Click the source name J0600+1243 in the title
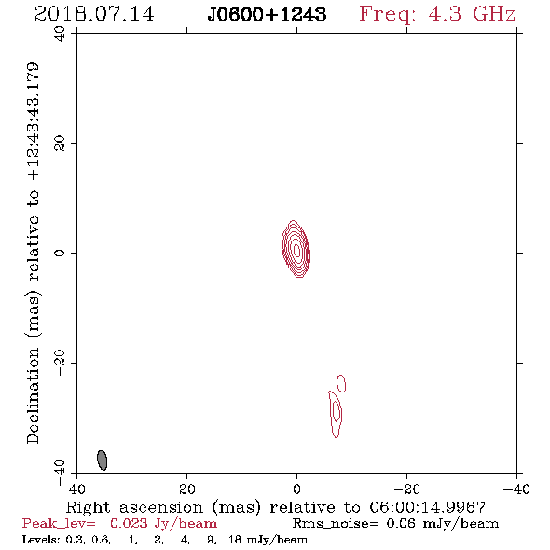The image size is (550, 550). point(267,15)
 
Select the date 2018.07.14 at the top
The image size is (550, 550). point(94,14)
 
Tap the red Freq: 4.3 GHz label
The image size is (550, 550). point(437,15)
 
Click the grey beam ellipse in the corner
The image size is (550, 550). point(102,461)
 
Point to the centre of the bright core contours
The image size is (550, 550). point(296,249)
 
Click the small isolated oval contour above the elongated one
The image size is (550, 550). point(341,383)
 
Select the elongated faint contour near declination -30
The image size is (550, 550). point(336,414)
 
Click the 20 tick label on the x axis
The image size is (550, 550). point(186,488)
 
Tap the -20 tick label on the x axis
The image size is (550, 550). point(406,488)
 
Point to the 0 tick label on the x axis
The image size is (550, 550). point(296,488)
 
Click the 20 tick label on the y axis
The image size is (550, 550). point(60,144)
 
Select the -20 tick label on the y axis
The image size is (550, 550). point(60,363)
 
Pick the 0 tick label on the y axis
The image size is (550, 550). point(60,253)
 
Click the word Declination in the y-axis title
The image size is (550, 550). point(33,395)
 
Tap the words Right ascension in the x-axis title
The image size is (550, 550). point(134,507)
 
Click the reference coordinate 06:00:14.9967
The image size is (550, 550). point(428,507)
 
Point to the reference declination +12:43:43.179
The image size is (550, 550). point(33,122)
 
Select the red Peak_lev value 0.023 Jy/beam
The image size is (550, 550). point(163,524)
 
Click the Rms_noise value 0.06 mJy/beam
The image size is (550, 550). point(442,524)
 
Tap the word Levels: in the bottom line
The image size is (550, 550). point(42,540)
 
